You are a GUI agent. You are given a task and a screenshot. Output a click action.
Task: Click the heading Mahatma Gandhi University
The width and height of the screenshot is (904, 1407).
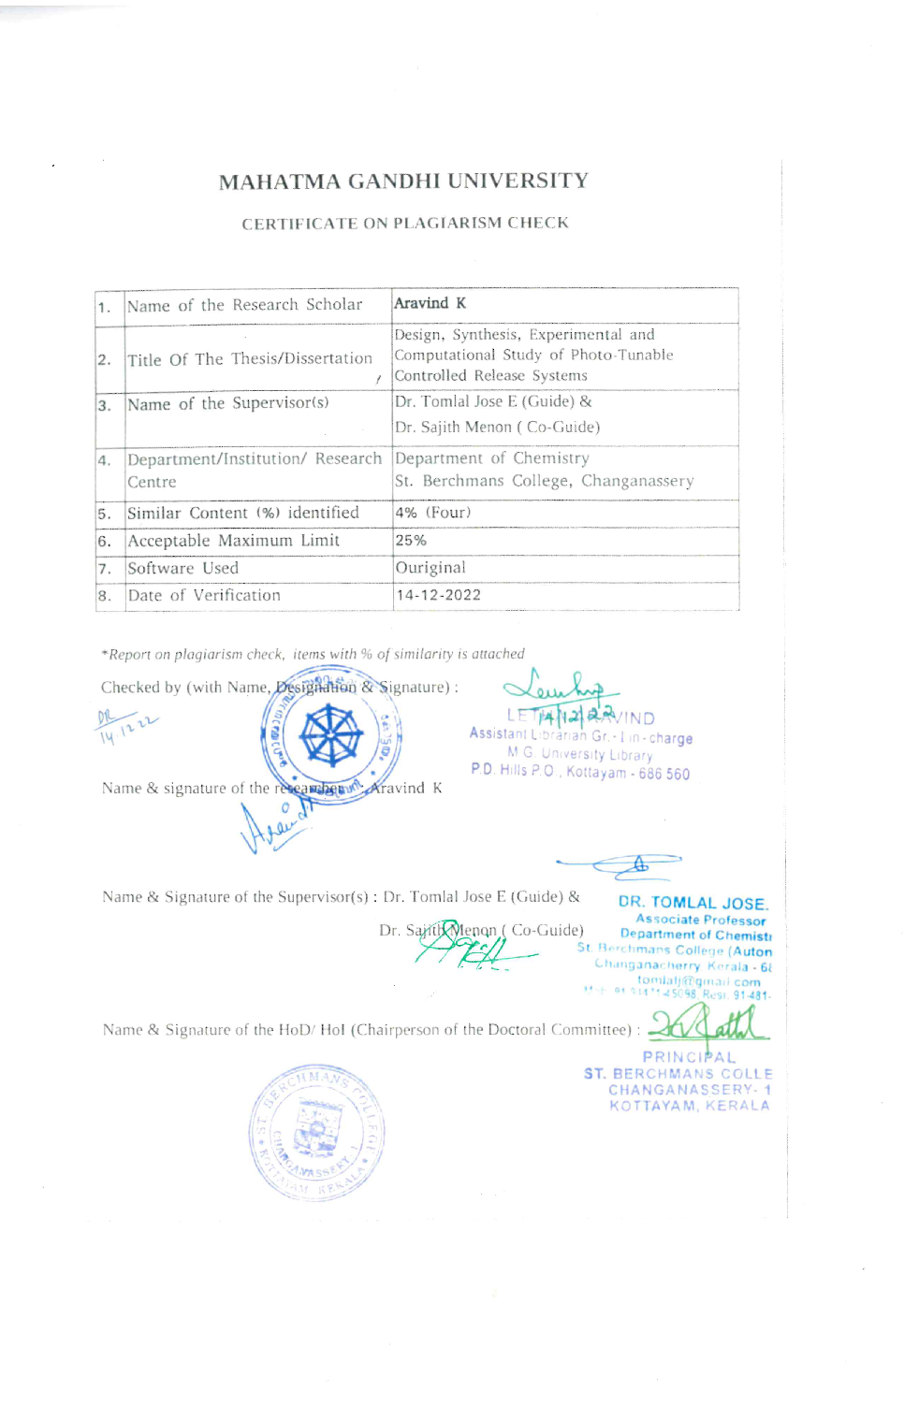click(403, 181)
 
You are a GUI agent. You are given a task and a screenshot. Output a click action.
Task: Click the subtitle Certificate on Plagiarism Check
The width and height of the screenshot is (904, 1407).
click(405, 224)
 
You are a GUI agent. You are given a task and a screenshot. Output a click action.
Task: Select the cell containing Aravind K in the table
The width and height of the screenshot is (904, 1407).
click(430, 304)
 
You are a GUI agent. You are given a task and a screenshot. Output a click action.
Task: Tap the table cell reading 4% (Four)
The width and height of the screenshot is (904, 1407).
click(433, 513)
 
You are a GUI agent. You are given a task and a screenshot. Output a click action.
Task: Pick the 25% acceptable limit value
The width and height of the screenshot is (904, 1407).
click(411, 541)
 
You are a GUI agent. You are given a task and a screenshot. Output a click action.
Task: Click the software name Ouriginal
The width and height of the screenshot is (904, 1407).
click(430, 568)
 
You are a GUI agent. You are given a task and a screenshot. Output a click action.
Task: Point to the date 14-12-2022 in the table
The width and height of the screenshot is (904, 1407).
click(439, 595)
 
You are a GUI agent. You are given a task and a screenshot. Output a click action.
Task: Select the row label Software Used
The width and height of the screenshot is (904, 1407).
click(183, 569)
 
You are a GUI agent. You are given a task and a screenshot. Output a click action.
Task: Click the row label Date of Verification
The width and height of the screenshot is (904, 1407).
click(204, 596)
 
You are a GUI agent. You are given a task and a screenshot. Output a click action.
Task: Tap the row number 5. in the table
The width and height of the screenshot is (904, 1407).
click(105, 514)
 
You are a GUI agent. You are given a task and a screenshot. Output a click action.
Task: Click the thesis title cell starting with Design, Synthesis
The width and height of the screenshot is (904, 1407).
click(533, 355)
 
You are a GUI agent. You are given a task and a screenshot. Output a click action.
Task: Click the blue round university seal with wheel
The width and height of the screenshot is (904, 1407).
click(331, 735)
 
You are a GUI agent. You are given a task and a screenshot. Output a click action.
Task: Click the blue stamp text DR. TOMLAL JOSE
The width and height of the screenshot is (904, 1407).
click(693, 904)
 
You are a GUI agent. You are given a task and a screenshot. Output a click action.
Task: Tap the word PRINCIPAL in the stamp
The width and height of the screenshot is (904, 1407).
click(689, 1057)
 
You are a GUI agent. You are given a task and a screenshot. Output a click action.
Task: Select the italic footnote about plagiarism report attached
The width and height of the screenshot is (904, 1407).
click(313, 655)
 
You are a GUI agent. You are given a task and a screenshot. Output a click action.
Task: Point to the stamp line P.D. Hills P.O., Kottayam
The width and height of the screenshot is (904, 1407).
click(580, 773)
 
